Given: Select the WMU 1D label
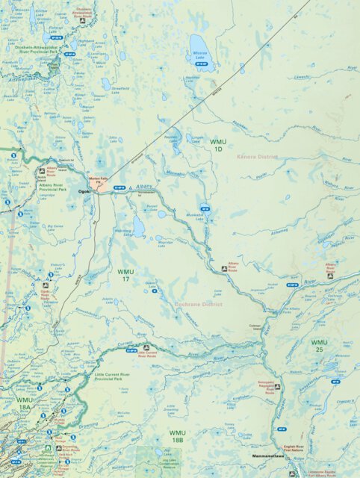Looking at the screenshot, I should tap(217, 145).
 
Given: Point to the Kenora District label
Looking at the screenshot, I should tap(256, 158).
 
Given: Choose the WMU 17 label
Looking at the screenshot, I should tap(125, 274).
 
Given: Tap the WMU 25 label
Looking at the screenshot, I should tap(319, 346).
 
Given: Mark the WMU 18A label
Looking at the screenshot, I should tap(25, 403).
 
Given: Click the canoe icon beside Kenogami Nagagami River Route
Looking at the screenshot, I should tap(277, 387).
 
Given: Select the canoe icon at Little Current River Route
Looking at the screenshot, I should tap(146, 347).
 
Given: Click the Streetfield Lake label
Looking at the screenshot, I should tap(121, 90).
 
